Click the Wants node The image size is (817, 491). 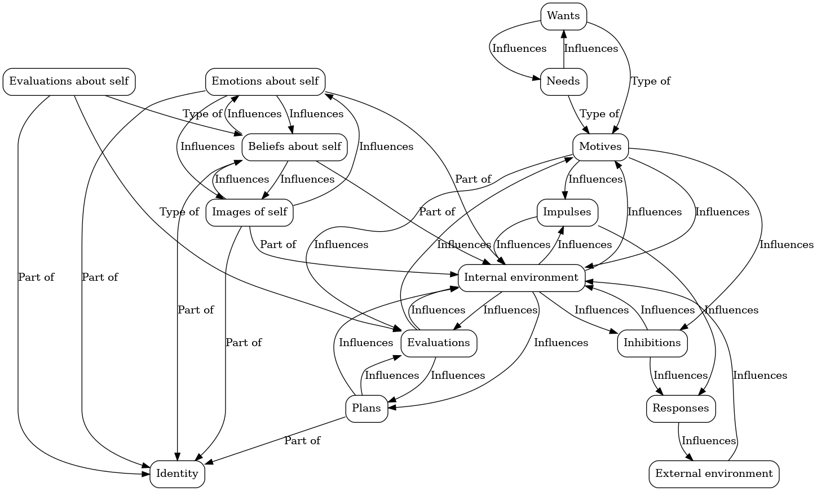[x=563, y=16]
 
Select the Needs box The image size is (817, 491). [x=563, y=81]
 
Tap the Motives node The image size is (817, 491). [x=600, y=147]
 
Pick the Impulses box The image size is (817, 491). [x=567, y=212]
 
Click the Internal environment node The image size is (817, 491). [x=521, y=277]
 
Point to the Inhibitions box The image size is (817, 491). [x=652, y=343]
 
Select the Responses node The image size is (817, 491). [x=681, y=408]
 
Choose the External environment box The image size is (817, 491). [x=714, y=474]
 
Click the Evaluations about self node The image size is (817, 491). [x=69, y=81]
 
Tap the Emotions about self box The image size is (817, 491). [x=265, y=81]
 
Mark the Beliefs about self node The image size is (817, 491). [x=294, y=147]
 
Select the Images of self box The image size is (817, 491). [x=249, y=212]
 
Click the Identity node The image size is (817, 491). [x=177, y=474]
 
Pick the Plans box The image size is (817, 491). [x=366, y=408]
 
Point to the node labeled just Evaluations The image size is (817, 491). [x=438, y=343]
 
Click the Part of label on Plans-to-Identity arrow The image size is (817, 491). [x=302, y=441]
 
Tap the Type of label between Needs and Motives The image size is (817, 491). [x=599, y=114]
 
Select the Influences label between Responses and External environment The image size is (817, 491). [x=709, y=441]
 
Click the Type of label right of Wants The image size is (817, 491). [x=651, y=81]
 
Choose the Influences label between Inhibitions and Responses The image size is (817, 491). [x=681, y=375]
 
